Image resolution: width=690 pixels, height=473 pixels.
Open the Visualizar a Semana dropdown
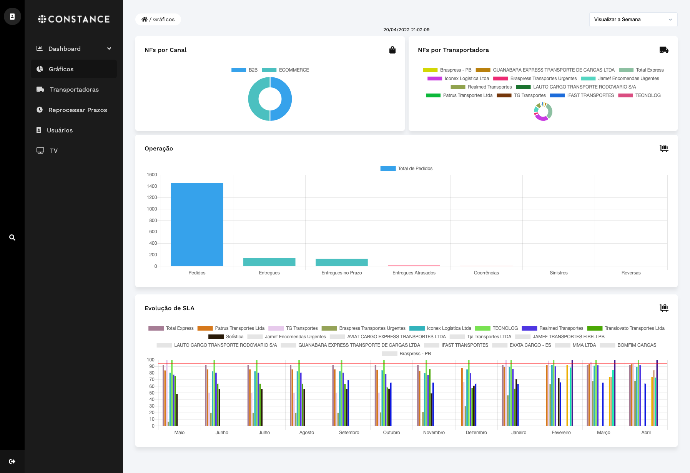point(633,20)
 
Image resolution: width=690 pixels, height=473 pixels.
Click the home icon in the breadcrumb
point(145,19)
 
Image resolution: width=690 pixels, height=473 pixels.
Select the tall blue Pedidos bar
point(197,224)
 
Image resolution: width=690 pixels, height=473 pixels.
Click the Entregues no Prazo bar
point(342,262)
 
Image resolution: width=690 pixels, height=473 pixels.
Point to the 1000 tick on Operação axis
point(152,209)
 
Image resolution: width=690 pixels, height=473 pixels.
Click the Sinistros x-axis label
point(559,273)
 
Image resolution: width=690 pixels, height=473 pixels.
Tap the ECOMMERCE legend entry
point(286,70)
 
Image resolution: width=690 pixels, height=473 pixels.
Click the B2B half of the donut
point(281,99)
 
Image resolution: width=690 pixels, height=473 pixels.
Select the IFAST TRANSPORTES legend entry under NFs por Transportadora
point(582,95)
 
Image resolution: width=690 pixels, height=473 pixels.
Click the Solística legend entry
point(226,337)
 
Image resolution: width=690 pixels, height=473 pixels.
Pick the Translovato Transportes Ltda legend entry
point(626,328)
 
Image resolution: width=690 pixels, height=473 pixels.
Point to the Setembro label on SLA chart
point(349,433)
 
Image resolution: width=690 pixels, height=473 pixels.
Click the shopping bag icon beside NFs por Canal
point(392,50)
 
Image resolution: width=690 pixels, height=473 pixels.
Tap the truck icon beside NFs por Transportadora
point(664,50)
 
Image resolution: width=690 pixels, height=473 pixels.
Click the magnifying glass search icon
point(12,237)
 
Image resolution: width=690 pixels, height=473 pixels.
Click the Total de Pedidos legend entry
point(407,169)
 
